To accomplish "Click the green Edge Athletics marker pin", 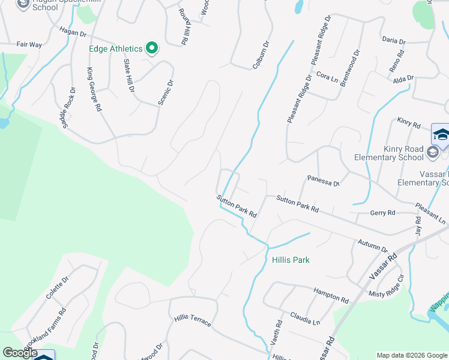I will pos(152,48).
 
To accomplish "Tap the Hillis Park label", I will pos(291,260).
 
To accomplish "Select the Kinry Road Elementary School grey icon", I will pos(432,153).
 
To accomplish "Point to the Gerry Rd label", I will pos(382,213).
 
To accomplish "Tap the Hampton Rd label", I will pos(331,294).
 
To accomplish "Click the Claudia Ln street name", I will pos(305,316).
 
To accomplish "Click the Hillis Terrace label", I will pos(193,320).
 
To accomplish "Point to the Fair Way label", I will pos(29,44).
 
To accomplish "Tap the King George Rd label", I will pos(94,90).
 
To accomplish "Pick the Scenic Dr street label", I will pos(166,92).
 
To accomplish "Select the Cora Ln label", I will pos(327,77).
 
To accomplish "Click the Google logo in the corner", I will pos(20,353).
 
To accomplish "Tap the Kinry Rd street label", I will pos(409,123).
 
